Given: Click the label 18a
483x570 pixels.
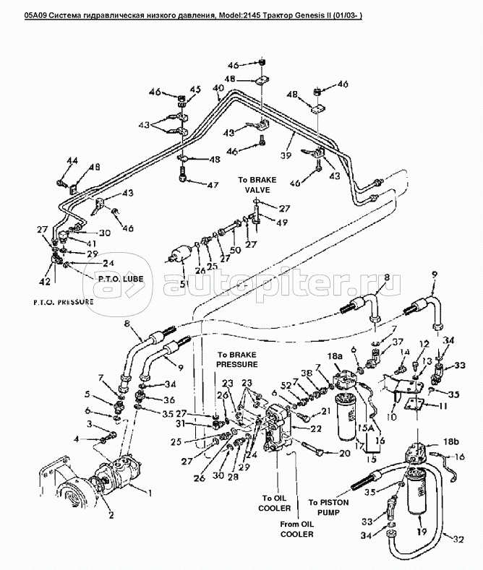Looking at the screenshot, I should (x=334, y=356).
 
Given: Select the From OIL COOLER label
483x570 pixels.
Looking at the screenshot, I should (x=296, y=529).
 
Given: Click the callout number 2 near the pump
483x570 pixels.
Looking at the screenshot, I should (x=111, y=516).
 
